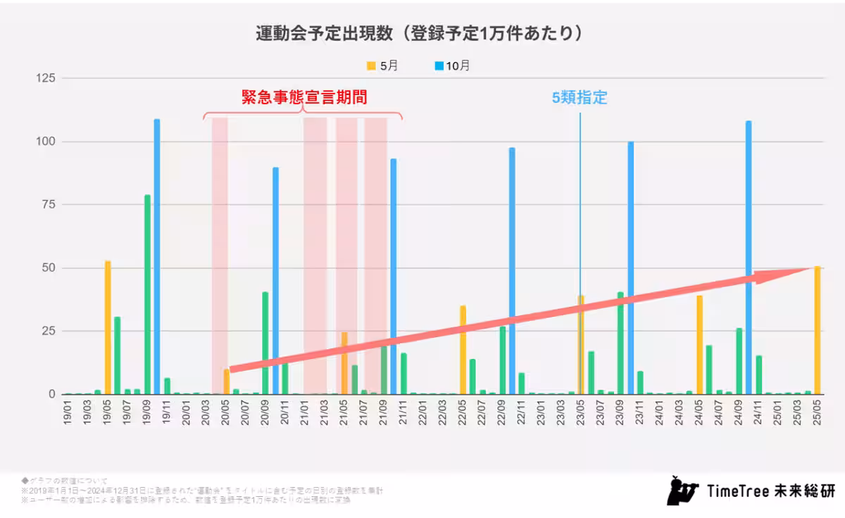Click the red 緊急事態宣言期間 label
pyautogui.click(x=304, y=98)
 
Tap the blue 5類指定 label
pyautogui.click(x=579, y=98)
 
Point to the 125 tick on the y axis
pyautogui.click(x=46, y=77)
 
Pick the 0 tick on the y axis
pyautogui.click(x=51, y=394)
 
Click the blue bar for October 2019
pyautogui.click(x=157, y=257)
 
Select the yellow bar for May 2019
pyautogui.click(x=108, y=327)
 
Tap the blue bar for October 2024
pyautogui.click(x=749, y=258)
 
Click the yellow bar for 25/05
pyautogui.click(x=817, y=331)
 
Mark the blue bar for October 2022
pyautogui.click(x=512, y=271)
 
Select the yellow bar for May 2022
pyautogui.click(x=463, y=350)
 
